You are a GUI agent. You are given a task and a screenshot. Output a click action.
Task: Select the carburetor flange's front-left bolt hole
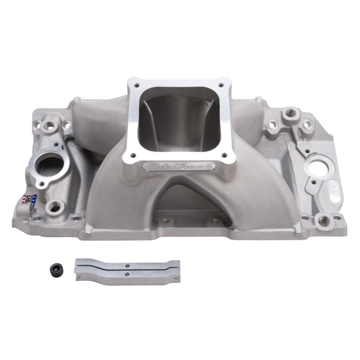pyautogui.click(x=127, y=155)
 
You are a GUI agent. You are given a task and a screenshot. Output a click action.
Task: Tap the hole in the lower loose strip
pyautogui.click(x=127, y=274)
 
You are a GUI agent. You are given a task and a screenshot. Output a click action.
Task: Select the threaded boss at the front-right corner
pyautogui.click(x=323, y=220)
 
